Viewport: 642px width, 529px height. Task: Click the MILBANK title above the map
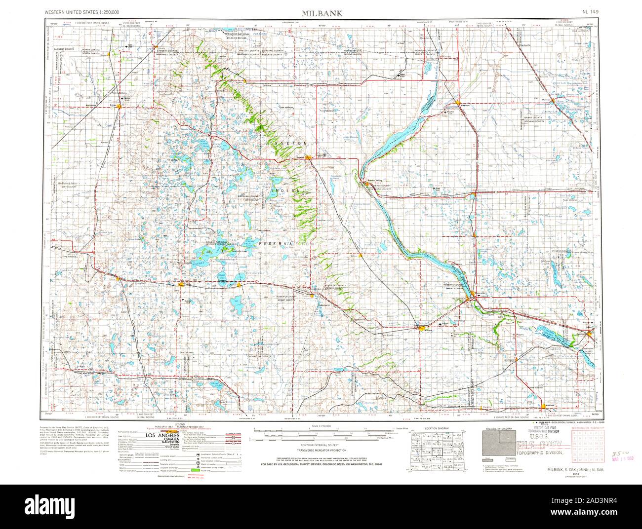(x=321, y=12)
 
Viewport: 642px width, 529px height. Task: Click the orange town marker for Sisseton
(x=308, y=157)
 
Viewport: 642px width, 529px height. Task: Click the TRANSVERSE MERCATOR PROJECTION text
(x=323, y=451)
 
